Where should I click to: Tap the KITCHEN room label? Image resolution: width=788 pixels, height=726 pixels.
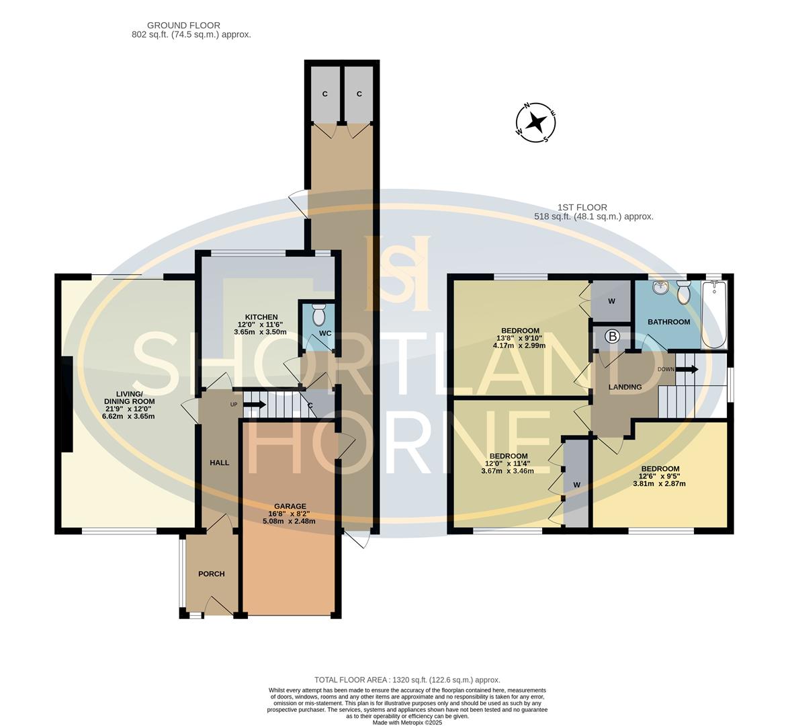pyautogui.click(x=261, y=317)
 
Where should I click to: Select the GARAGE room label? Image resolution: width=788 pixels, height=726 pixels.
pyautogui.click(x=290, y=506)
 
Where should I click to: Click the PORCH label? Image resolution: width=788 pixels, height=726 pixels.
pyautogui.click(x=211, y=573)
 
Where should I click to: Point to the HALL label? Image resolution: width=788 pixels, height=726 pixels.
pyautogui.click(x=219, y=462)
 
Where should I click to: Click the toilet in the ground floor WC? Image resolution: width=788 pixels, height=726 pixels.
pyautogui.click(x=319, y=314)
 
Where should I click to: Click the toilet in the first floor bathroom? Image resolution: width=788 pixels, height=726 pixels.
pyautogui.click(x=684, y=292)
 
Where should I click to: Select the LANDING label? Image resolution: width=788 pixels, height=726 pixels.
pyautogui.click(x=625, y=387)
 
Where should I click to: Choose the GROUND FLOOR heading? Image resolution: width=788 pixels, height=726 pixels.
pyautogui.click(x=174, y=26)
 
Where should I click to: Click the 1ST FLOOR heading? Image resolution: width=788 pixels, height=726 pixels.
pyautogui.click(x=582, y=208)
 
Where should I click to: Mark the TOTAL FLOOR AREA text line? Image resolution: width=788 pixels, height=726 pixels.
pyautogui.click(x=407, y=680)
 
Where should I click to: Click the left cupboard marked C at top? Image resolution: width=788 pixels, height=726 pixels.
pyautogui.click(x=324, y=94)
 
